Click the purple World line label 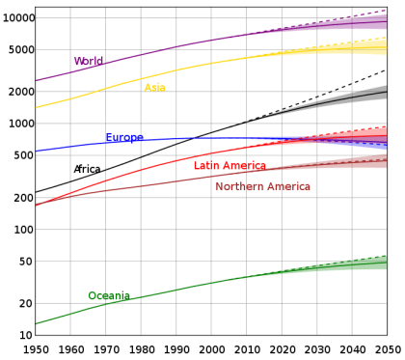point(90,62)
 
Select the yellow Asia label point(154,88)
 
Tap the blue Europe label point(123,138)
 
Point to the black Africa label point(87,169)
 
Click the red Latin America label point(229,166)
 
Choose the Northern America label point(263,186)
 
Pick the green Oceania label point(108,296)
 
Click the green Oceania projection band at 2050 point(385,263)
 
